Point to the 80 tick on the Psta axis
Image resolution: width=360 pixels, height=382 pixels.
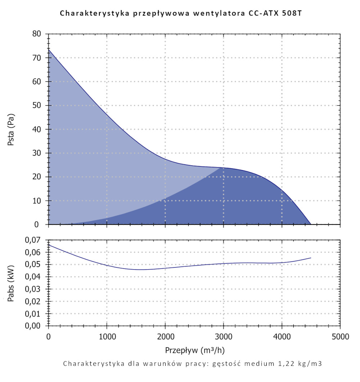(x=38, y=34)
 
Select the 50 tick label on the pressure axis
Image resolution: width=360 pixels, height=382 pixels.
(x=38, y=105)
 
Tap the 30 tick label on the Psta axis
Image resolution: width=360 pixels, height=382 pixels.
(x=38, y=153)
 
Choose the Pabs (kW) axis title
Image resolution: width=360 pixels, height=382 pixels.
(x=11, y=283)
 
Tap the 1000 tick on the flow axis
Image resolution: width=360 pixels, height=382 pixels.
(x=107, y=337)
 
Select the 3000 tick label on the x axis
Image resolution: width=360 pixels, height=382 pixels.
(x=224, y=337)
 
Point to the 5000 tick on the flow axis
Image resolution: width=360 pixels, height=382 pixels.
(x=340, y=337)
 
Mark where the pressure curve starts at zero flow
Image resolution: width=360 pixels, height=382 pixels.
(x=49, y=49)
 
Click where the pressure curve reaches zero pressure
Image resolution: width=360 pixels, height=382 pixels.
(x=311, y=224)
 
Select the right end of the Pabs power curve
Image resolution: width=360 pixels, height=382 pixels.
(x=311, y=258)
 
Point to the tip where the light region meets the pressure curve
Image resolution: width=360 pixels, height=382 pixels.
(x=221, y=168)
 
